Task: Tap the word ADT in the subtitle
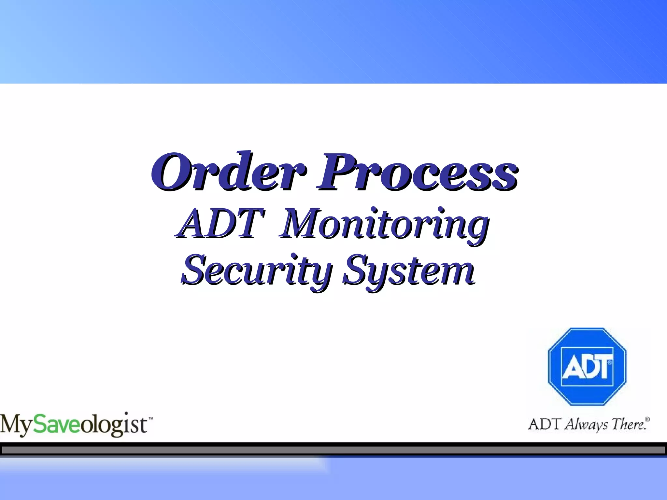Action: (220, 224)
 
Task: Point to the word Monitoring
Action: (384, 225)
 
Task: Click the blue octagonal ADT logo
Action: (587, 367)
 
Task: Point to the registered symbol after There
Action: (647, 419)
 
